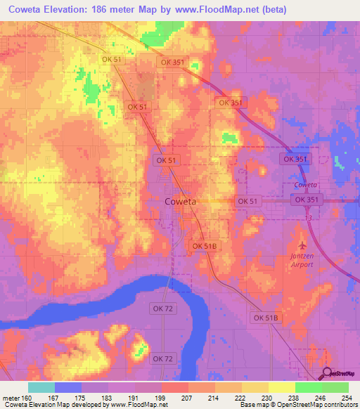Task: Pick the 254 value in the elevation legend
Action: coord(347,398)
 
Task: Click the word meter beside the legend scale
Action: coord(11,398)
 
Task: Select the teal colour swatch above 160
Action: coord(41,387)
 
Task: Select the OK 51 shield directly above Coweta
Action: coord(167,160)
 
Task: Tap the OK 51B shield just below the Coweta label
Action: coord(206,245)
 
